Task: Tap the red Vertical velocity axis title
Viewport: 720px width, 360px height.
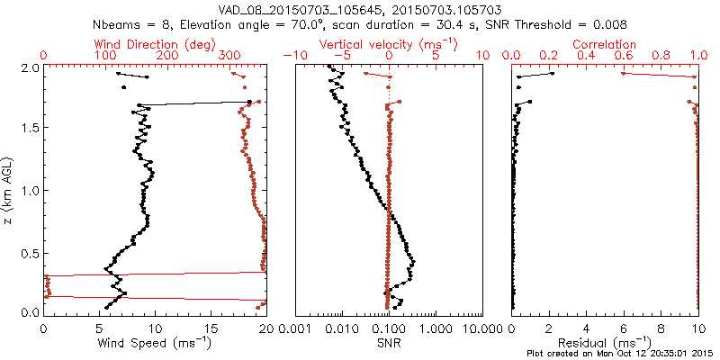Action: [x=389, y=44]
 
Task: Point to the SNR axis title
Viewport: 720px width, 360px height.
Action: [x=389, y=343]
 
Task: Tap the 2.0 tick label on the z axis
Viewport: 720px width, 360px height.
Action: [x=28, y=67]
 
